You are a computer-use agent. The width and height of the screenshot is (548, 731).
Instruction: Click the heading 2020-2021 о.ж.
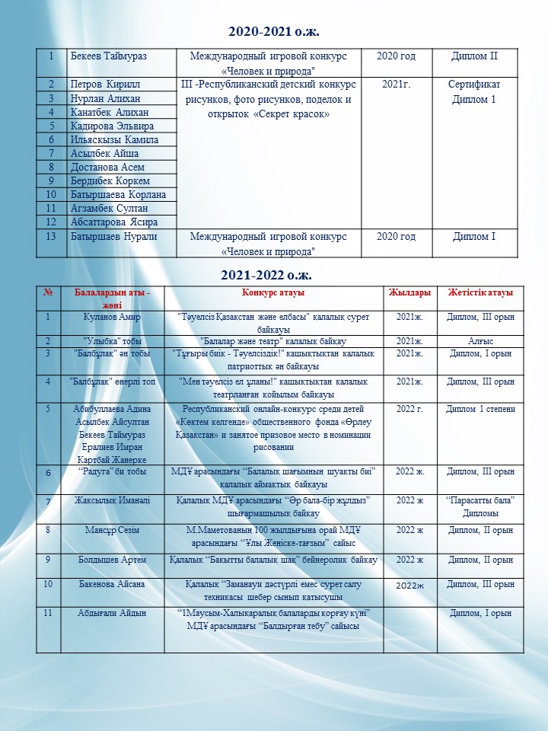pyautogui.click(x=273, y=32)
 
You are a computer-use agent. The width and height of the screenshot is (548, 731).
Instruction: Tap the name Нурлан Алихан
pyautogui.click(x=105, y=98)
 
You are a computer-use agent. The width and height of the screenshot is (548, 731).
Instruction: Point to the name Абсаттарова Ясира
pyautogui.click(x=114, y=222)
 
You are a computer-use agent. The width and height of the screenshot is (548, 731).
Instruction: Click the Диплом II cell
pyautogui.click(x=474, y=56)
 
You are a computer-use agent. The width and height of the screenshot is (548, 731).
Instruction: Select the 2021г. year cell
pyautogui.click(x=396, y=85)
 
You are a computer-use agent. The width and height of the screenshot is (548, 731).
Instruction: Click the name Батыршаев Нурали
pyautogui.click(x=113, y=236)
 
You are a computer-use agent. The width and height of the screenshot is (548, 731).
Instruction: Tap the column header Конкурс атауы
pyautogui.click(x=274, y=293)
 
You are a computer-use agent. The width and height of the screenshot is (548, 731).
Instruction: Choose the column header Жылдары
pyautogui.click(x=409, y=293)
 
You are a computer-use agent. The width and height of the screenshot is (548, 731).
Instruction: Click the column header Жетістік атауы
pyautogui.click(x=480, y=293)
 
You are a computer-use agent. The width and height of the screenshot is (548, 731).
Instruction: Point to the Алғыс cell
pyautogui.click(x=480, y=341)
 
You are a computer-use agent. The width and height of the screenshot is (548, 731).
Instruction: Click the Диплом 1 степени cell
pyautogui.click(x=480, y=409)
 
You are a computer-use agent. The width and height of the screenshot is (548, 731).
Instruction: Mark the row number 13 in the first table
pyautogui.click(x=51, y=236)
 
